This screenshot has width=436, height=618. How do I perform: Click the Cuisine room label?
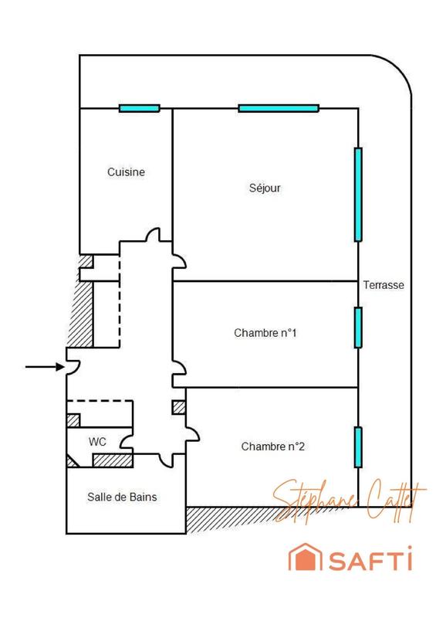click(126, 173)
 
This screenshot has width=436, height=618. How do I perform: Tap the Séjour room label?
click(265, 188)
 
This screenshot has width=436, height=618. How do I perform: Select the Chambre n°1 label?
click(265, 334)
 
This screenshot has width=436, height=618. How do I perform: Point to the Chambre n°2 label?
click(273, 447)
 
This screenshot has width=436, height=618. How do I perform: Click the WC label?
click(97, 442)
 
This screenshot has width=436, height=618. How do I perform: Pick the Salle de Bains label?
click(122, 497)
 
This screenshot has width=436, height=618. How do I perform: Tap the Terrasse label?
click(384, 285)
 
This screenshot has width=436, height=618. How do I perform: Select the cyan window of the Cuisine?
click(139, 108)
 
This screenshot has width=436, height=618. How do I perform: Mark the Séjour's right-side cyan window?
click(358, 194)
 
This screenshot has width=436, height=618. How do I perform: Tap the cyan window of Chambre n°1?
click(358, 328)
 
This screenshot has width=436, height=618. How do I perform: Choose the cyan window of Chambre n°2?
click(358, 447)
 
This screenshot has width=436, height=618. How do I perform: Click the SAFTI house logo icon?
click(302, 559)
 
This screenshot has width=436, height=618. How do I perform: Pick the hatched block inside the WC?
click(113, 460)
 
